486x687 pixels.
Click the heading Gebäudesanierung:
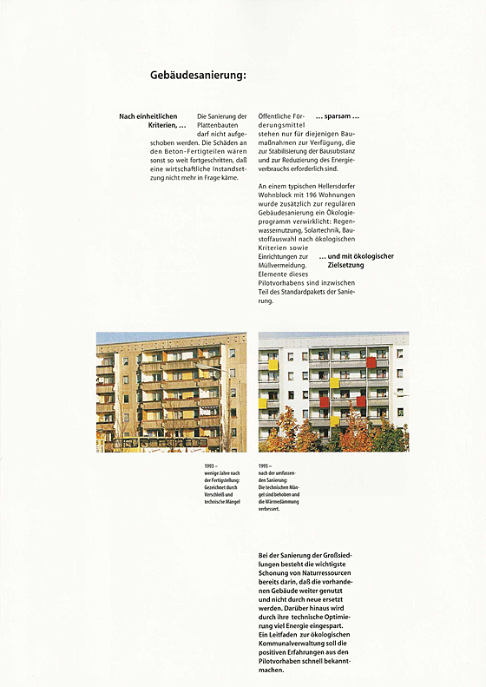click(199, 76)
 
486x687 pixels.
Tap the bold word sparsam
click(336, 116)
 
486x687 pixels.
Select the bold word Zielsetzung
click(345, 265)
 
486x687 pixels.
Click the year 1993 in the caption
click(210, 466)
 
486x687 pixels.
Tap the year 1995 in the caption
click(265, 466)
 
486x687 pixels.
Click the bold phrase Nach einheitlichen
click(148, 116)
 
